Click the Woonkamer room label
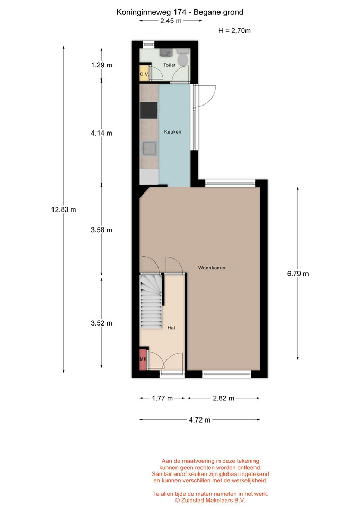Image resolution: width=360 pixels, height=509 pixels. pos(212,268)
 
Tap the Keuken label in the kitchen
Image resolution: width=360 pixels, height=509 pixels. pos(173,132)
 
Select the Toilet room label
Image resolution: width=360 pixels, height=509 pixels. pos(170,65)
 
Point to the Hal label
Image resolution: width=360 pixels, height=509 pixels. pos(171,328)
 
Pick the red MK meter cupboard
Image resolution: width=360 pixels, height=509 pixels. pos(143,359)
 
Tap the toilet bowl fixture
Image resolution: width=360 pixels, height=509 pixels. pos(183,57)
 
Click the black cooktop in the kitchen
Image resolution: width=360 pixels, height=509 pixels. pos(148,110)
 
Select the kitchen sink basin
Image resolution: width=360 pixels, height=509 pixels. pos(150,148)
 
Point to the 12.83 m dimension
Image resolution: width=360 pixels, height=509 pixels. pos(64,210)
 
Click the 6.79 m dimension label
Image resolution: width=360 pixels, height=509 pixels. pos(297,274)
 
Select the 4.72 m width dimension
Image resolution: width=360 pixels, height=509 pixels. pos(200,420)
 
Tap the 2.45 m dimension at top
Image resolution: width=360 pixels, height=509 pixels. pos(171,21)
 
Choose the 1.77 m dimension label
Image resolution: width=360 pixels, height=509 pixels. pos(162,398)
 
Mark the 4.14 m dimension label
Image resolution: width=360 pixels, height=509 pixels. pos(101,133)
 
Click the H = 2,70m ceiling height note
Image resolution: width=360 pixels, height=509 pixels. pos(234,31)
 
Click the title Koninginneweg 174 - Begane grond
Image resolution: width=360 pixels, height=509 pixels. pos(180,12)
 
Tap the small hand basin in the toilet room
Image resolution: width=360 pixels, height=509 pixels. pos(166,52)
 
